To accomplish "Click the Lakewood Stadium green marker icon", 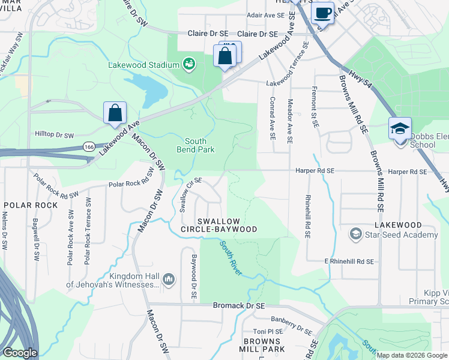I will (x=190, y=64).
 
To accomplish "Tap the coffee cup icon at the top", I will (x=322, y=12).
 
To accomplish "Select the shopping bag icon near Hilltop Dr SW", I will (x=115, y=113).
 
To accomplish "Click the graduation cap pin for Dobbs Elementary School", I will (x=400, y=128).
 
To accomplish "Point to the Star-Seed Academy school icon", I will (x=355, y=235).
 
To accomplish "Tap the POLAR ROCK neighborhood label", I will (x=26, y=205).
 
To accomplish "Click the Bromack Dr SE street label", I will (x=239, y=305).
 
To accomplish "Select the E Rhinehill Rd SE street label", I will (x=349, y=262).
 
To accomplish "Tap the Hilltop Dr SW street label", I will (x=54, y=136).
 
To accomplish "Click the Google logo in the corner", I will (x=20, y=353).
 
